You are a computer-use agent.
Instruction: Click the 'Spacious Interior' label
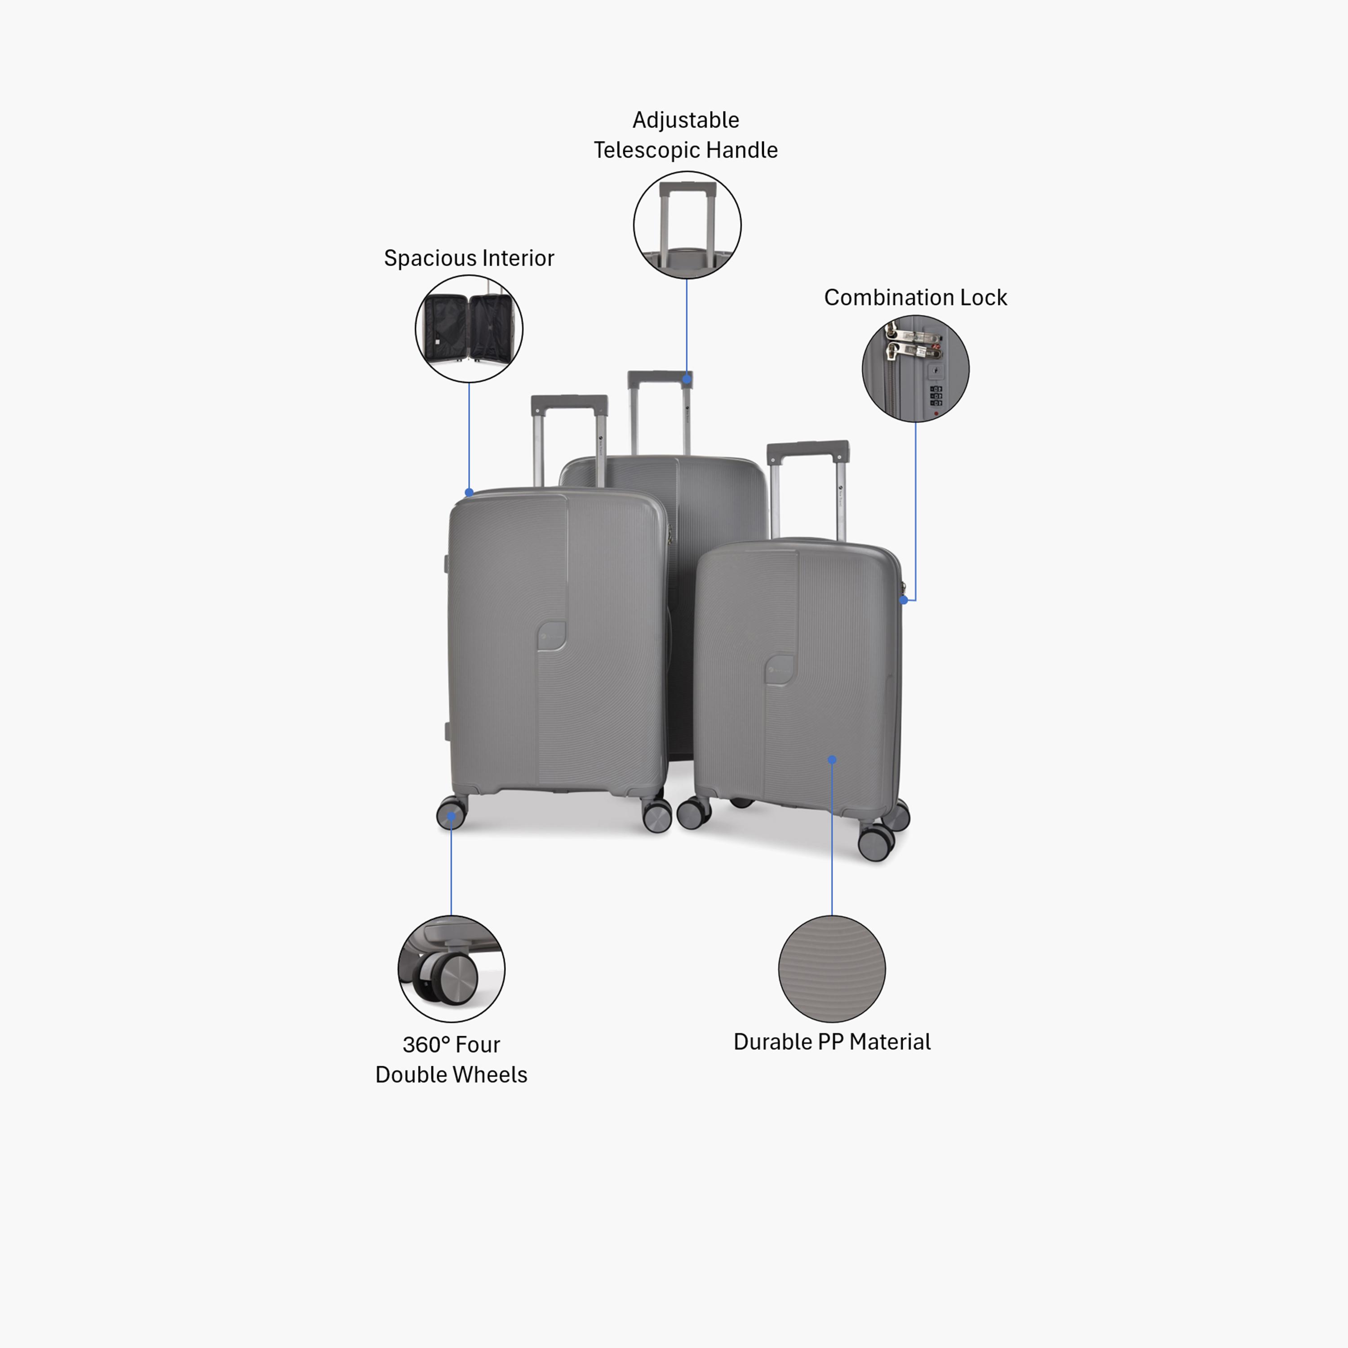469,258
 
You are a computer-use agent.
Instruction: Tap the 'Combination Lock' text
915,297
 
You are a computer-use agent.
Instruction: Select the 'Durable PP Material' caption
832,1042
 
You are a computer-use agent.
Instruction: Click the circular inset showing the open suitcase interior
469,328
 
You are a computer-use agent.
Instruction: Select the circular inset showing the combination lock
915,368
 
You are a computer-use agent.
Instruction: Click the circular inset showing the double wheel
452,969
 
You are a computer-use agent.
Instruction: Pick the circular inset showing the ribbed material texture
832,969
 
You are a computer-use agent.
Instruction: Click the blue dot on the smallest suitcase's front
832,760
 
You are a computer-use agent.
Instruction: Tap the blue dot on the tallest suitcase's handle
687,379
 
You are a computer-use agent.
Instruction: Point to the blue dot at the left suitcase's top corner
469,492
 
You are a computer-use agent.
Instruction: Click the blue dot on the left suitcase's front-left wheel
452,816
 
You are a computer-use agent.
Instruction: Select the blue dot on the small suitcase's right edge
904,599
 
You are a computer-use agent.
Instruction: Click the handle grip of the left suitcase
569,404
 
